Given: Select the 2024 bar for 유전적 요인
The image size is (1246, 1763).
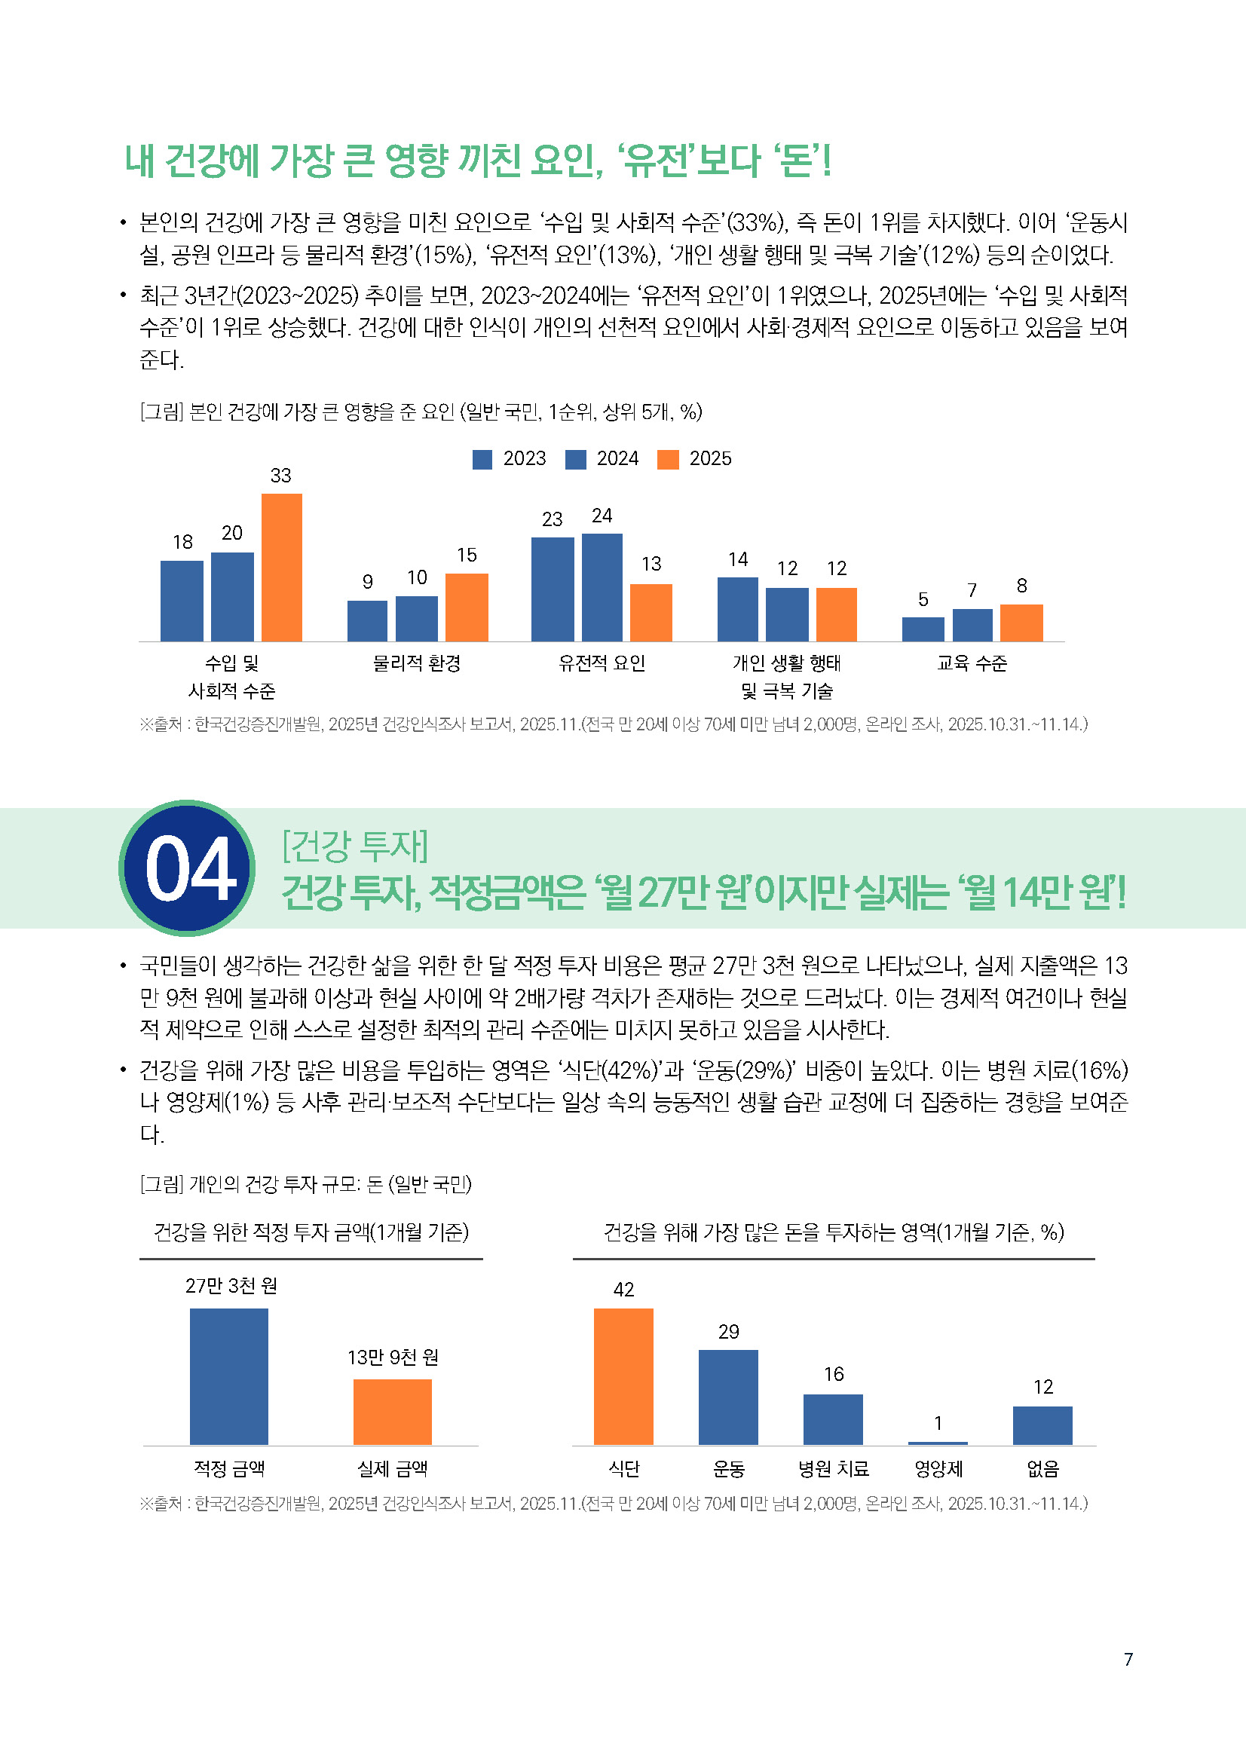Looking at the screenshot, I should (x=602, y=586).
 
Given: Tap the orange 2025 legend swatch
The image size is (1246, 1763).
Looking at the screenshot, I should (x=668, y=459).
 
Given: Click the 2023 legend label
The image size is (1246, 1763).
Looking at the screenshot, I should (x=525, y=458).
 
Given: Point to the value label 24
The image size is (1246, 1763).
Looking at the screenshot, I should (x=602, y=516).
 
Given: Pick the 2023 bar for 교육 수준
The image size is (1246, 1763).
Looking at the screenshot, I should (x=923, y=629).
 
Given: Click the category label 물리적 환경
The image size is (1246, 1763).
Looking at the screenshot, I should (x=416, y=663).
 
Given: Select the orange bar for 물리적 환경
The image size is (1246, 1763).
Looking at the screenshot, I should (x=466, y=607).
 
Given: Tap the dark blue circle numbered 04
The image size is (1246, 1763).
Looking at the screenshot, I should (x=188, y=868).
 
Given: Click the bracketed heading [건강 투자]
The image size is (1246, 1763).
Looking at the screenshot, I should (x=355, y=846).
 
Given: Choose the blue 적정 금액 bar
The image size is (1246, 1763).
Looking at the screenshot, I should (x=229, y=1376).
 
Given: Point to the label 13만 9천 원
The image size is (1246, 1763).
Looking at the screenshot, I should (x=392, y=1357).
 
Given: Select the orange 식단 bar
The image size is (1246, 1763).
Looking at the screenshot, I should (x=623, y=1376).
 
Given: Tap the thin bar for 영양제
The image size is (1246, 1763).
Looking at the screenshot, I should (x=938, y=1443).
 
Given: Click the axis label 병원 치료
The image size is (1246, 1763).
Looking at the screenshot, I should (x=833, y=1469).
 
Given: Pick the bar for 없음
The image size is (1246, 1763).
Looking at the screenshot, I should (x=1042, y=1425).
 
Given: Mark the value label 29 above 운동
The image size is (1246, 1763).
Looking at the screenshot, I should (x=729, y=1331).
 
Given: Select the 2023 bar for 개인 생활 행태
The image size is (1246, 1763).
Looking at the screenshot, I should (x=737, y=609).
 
